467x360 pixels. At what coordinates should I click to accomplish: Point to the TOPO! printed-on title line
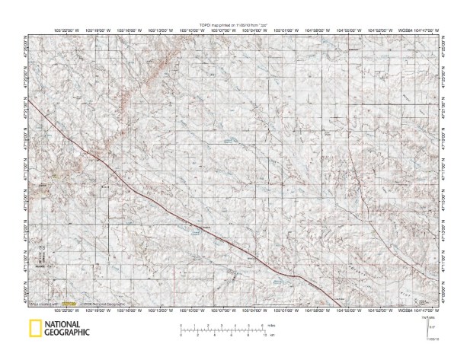[x=234, y=25]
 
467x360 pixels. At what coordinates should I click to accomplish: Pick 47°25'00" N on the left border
[x=28, y=46]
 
